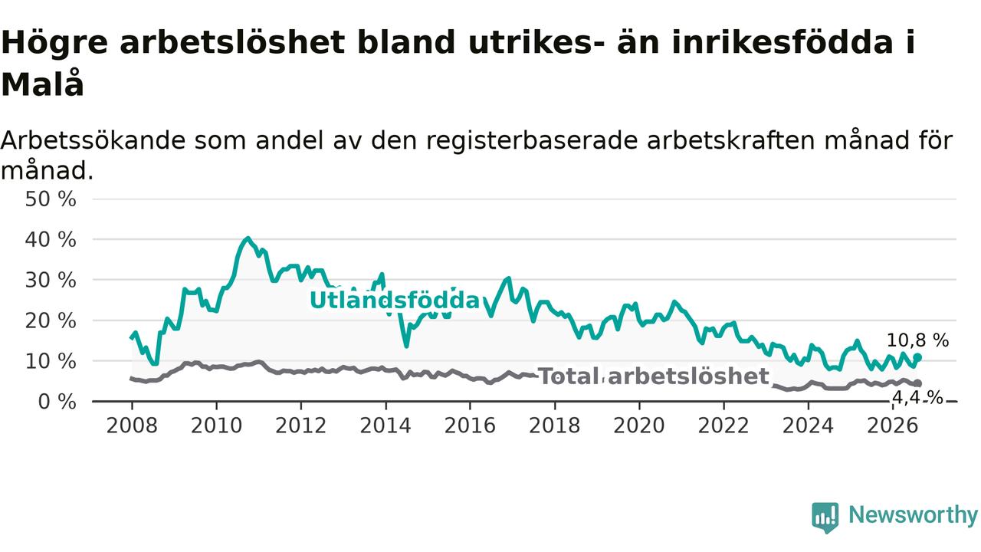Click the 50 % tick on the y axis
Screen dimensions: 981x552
(x=51, y=199)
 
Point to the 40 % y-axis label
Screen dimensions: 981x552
(x=51, y=240)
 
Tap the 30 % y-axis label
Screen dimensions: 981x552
(x=51, y=281)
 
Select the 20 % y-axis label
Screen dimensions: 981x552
(x=51, y=321)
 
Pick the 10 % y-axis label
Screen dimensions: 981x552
(x=51, y=361)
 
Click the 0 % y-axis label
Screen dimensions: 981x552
(x=57, y=402)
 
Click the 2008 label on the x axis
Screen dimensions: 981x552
(x=132, y=426)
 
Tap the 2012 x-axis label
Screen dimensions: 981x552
(x=301, y=426)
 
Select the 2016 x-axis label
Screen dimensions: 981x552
(x=470, y=426)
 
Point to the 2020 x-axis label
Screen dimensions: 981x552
(x=639, y=426)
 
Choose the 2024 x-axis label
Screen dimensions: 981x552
(x=808, y=426)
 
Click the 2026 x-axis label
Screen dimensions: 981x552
(x=893, y=426)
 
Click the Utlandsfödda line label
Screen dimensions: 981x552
(x=395, y=301)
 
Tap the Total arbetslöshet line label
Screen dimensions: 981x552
(x=653, y=376)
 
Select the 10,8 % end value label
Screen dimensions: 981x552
(x=917, y=340)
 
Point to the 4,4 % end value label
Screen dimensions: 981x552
(x=917, y=398)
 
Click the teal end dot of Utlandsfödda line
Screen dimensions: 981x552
(x=918, y=357)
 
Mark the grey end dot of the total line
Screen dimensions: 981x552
(x=918, y=383)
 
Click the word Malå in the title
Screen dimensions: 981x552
(x=42, y=84)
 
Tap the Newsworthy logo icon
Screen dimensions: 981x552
(x=825, y=517)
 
